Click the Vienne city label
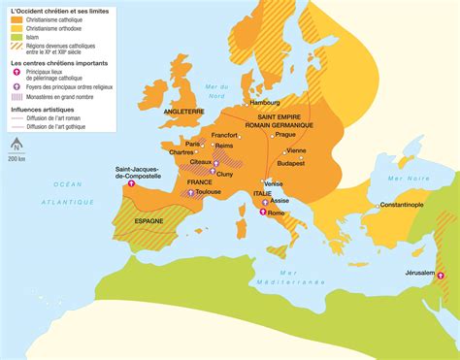(x=297, y=150)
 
